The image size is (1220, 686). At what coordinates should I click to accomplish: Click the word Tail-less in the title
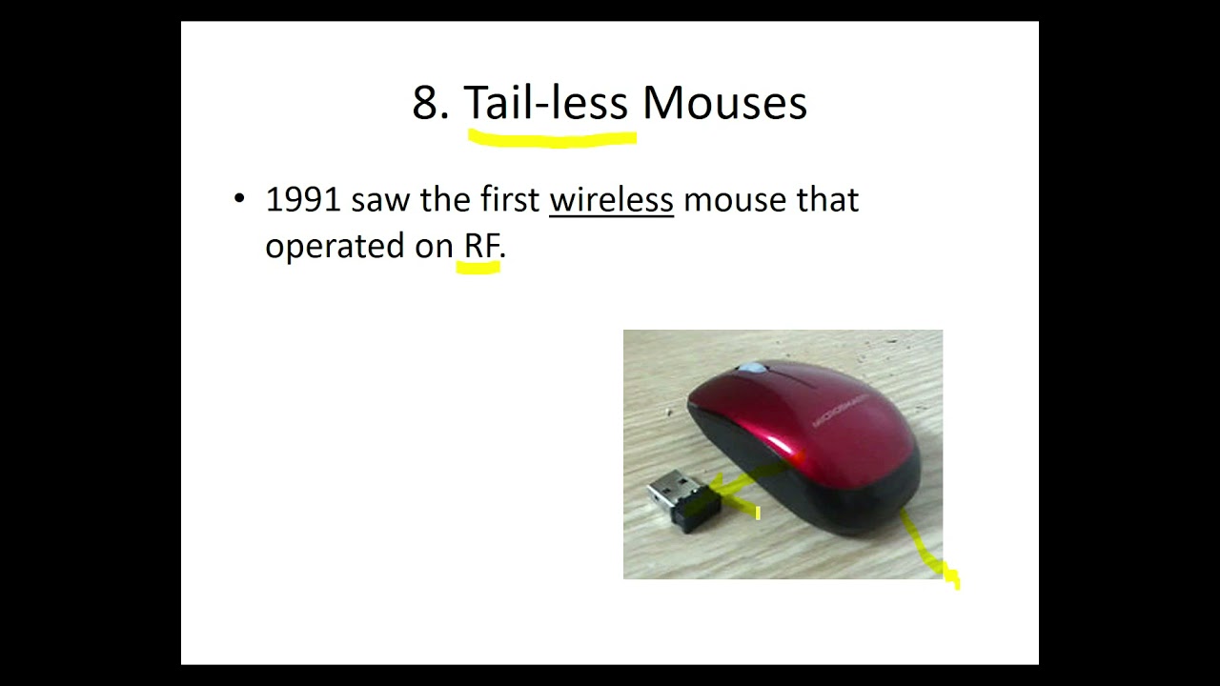click(545, 103)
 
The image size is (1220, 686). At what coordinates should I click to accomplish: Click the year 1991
click(302, 200)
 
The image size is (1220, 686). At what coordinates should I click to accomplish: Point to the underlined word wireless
click(611, 200)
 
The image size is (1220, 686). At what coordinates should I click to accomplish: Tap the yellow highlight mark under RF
click(478, 270)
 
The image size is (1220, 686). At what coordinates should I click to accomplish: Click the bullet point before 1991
click(238, 200)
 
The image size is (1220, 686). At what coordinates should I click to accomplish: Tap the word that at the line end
click(827, 200)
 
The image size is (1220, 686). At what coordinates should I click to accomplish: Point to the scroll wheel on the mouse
click(752, 368)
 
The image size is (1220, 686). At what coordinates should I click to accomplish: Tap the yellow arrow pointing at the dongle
click(739, 490)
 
